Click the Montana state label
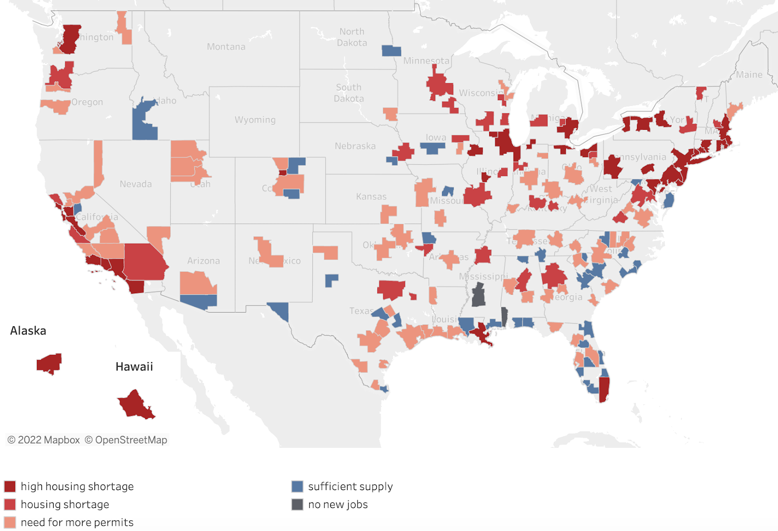(226, 47)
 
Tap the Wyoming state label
(255, 120)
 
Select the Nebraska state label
(355, 146)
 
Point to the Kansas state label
(371, 196)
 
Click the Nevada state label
(136, 184)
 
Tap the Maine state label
(749, 74)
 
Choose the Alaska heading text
(28, 331)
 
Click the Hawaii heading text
(134, 367)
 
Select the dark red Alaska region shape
(49, 363)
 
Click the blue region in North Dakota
(391, 51)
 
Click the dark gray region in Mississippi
(478, 295)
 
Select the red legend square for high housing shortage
(10, 486)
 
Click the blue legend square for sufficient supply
(297, 486)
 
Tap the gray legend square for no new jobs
(297, 504)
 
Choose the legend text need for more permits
(77, 522)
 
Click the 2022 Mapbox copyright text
(43, 440)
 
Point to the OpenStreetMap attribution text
(126, 440)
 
